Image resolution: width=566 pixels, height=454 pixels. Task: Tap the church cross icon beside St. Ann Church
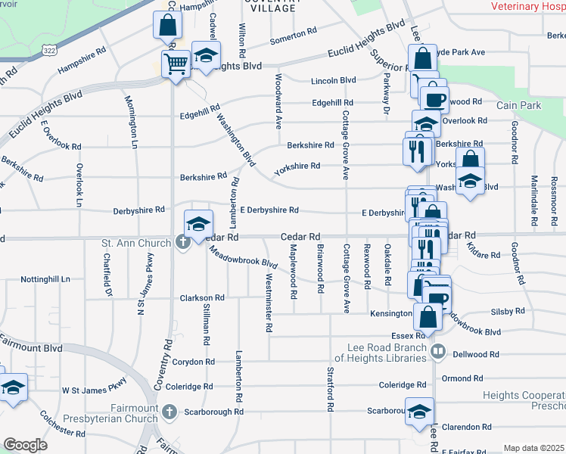182,244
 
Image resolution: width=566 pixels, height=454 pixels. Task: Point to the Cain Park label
519,105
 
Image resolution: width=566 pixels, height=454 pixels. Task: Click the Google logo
25,445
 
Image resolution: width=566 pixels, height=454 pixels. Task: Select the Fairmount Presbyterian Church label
123,413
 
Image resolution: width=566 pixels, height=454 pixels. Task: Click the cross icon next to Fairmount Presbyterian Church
170,412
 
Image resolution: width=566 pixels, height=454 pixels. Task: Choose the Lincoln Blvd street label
333,80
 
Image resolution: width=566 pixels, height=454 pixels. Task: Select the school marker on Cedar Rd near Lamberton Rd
198,223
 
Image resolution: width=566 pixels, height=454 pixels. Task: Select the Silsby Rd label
508,311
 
